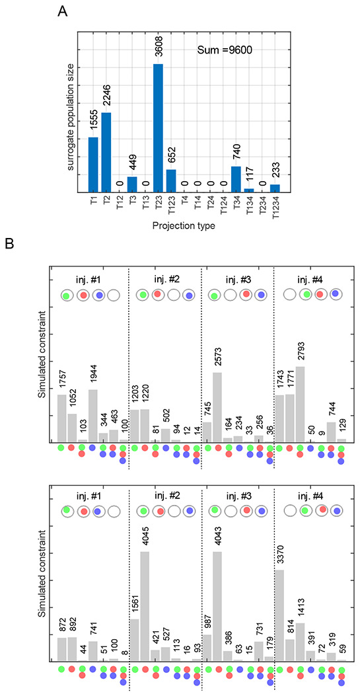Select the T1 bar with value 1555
tap(93, 165)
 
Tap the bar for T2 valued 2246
tap(106, 153)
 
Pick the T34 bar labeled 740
tap(236, 179)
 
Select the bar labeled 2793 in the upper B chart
tap(301, 404)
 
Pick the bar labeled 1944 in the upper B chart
tap(93, 415)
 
